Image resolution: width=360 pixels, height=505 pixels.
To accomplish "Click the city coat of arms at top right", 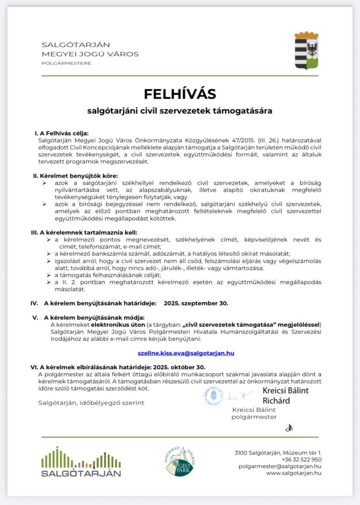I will [306, 50].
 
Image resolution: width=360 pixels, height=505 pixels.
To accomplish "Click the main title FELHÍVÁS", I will [180, 94].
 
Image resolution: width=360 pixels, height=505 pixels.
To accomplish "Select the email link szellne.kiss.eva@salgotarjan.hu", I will [186, 353].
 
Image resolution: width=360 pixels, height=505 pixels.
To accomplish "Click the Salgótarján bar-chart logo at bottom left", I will [81, 462].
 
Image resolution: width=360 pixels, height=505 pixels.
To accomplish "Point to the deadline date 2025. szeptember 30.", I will [196, 304].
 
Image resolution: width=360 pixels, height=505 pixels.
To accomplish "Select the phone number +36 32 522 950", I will [301, 460].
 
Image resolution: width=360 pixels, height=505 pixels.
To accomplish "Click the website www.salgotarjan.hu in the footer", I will [294, 473].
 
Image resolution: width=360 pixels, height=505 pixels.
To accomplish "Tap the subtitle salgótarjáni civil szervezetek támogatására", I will [180, 110].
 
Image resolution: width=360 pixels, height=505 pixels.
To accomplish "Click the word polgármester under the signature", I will [254, 417].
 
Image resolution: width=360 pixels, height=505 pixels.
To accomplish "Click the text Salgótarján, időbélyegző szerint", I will [91, 402].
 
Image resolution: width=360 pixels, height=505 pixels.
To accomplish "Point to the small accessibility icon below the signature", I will [289, 428].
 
